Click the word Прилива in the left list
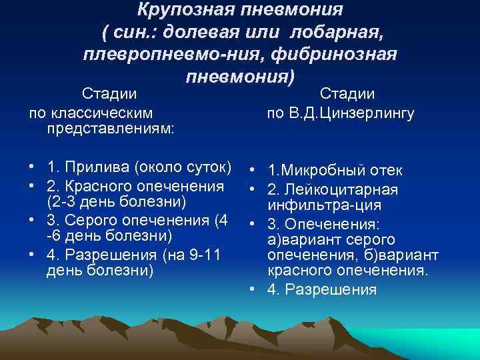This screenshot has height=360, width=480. (x=108, y=165)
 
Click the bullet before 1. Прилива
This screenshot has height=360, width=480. (x=32, y=165)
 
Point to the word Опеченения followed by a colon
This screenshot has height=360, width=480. (x=331, y=223)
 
